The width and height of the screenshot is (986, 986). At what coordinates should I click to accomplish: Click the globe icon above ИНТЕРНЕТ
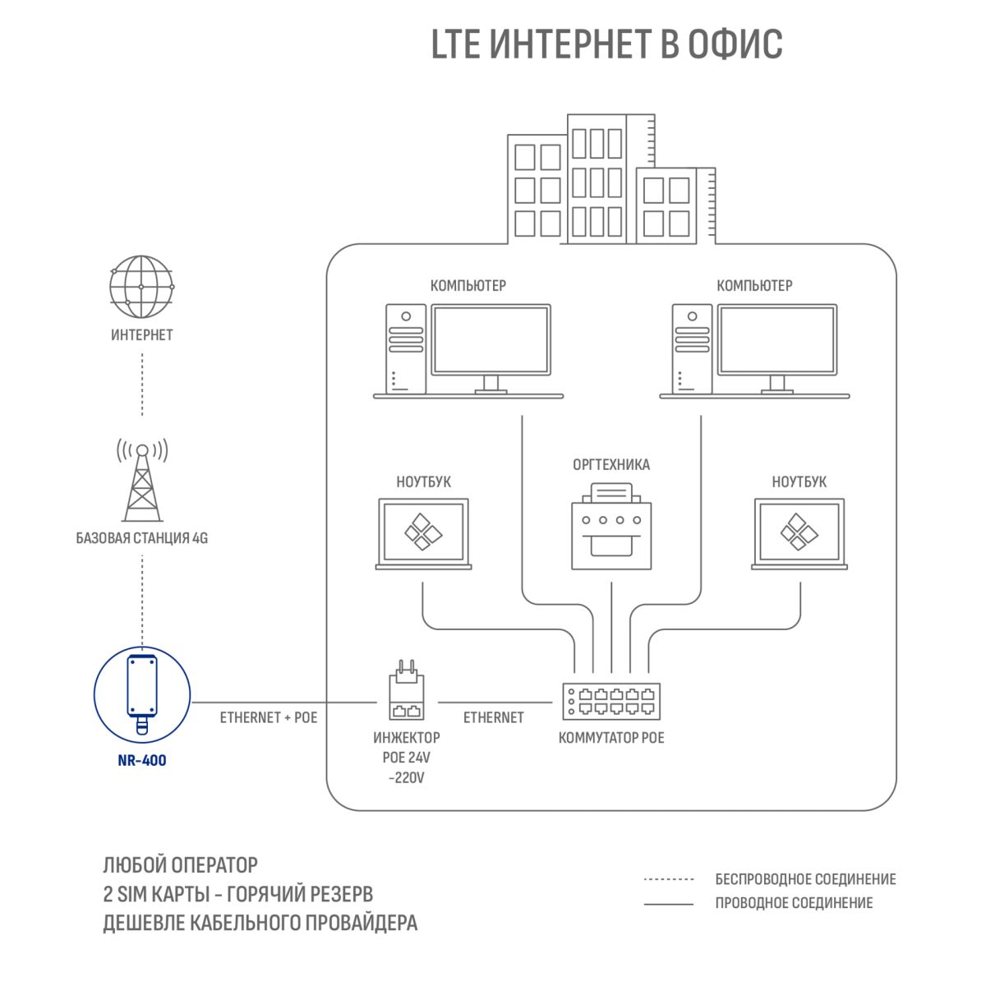tap(141, 287)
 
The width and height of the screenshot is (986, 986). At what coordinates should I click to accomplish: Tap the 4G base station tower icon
tap(142, 480)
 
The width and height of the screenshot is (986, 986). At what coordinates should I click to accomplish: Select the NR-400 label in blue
tap(142, 760)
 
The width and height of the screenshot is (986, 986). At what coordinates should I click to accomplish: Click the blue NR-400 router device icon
tap(142, 694)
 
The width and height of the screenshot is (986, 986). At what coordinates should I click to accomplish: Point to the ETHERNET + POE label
tap(269, 717)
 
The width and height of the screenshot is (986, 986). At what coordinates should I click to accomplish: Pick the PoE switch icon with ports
tap(611, 701)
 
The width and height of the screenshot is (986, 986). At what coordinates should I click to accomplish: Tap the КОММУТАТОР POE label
tap(611, 737)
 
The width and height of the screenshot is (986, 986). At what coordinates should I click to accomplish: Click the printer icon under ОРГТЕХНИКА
tap(611, 527)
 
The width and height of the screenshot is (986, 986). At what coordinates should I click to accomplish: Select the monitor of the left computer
tap(491, 348)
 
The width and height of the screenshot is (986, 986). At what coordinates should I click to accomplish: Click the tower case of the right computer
tap(692, 349)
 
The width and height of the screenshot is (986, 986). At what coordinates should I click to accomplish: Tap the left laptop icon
tap(424, 534)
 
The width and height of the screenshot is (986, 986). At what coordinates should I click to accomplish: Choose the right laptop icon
tap(799, 534)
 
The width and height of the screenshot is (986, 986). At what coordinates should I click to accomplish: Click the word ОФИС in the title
tap(735, 44)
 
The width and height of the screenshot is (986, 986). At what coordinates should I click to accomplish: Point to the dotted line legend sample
tap(668, 879)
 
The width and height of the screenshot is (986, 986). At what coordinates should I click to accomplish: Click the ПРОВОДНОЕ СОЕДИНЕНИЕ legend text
tap(794, 902)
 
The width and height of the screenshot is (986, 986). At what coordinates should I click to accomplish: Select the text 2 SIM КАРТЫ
tap(156, 894)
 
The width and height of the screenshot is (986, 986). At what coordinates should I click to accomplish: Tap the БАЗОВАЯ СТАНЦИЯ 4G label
tap(141, 537)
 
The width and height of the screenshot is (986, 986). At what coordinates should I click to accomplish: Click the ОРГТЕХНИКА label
tap(611, 464)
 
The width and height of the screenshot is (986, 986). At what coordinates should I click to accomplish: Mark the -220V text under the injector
tap(406, 778)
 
